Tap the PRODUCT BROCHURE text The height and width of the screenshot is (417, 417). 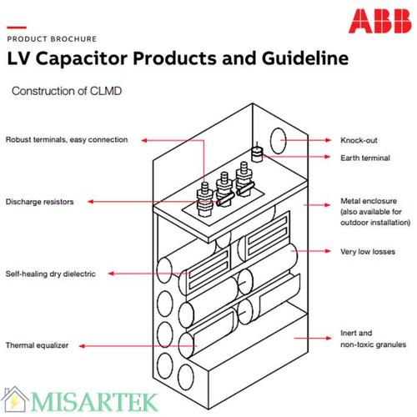[x=52, y=39]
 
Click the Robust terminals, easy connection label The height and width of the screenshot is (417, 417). [x=67, y=140]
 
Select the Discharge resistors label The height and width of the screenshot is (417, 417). [x=40, y=202]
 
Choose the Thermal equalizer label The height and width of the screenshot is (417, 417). [x=38, y=344]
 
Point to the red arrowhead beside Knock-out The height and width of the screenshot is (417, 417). [x=314, y=140]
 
